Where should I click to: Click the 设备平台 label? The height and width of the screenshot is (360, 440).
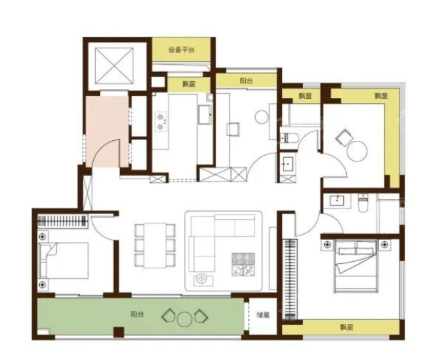tap(181, 51)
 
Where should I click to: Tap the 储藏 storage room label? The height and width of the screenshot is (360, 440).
tap(263, 315)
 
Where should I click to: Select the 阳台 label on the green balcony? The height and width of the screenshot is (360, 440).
tap(137, 314)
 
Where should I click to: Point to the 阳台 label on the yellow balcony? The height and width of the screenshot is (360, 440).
tap(246, 81)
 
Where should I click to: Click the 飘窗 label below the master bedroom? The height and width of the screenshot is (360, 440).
tap(347, 327)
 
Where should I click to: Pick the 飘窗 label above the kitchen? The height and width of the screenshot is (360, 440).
tap(188, 84)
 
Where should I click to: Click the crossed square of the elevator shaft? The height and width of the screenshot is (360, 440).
tap(114, 65)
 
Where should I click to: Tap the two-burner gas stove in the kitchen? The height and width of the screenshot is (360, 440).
tap(161, 122)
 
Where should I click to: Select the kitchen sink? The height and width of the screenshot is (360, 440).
tap(205, 115)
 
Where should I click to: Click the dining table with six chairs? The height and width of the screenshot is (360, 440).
tap(155, 245)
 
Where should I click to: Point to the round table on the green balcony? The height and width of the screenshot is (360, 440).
tap(185, 319)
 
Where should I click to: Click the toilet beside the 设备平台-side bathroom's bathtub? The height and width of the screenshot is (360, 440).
tap(288, 137)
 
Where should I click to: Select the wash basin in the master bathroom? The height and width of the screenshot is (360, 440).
tap(337, 201)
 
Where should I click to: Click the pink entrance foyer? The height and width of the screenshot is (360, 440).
tap(107, 132)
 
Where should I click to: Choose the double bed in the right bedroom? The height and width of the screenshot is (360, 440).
tap(355, 265)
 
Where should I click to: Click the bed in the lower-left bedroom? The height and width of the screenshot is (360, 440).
tap(64, 261)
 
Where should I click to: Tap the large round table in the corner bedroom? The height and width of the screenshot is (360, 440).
tap(357, 151)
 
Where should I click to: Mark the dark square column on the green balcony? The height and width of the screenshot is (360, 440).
tap(119, 332)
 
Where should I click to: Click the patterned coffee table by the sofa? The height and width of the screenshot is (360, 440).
tap(243, 265)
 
